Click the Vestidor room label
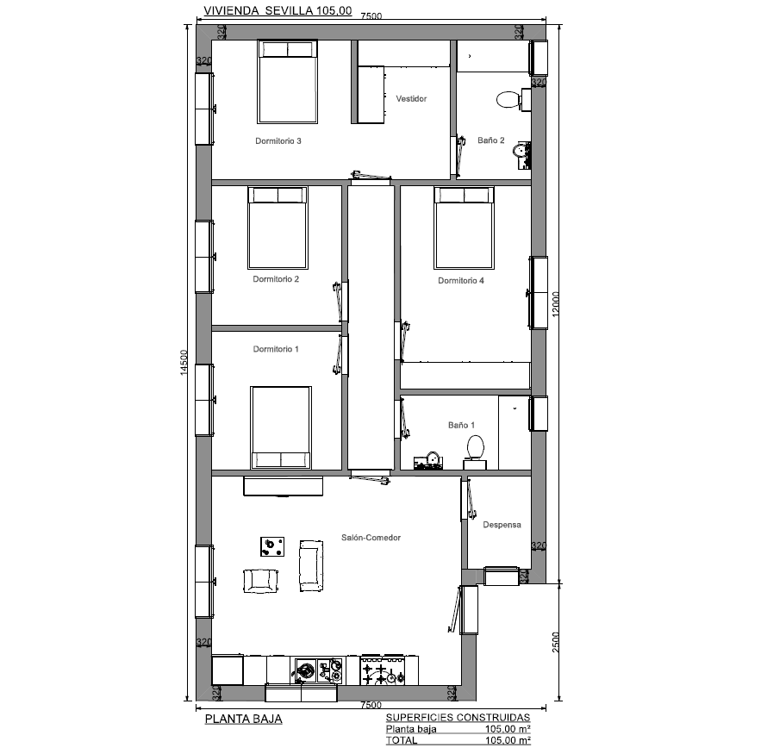(x=411, y=98)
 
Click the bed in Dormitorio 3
(x=287, y=82)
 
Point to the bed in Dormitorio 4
(x=464, y=227)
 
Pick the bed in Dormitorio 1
(x=281, y=427)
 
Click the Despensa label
(x=502, y=525)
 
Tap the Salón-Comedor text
(x=371, y=537)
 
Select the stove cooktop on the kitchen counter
(x=383, y=670)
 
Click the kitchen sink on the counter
(x=317, y=670)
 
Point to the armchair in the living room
(x=260, y=581)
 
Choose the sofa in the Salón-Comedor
(x=311, y=566)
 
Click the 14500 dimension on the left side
(x=184, y=363)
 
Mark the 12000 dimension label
(x=556, y=303)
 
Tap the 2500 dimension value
(x=556, y=641)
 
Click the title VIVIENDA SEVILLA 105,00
(x=278, y=10)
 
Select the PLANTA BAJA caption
(x=243, y=719)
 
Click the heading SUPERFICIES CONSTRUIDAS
(x=458, y=717)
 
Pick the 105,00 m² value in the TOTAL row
(x=508, y=740)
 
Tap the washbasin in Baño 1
(x=428, y=461)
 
